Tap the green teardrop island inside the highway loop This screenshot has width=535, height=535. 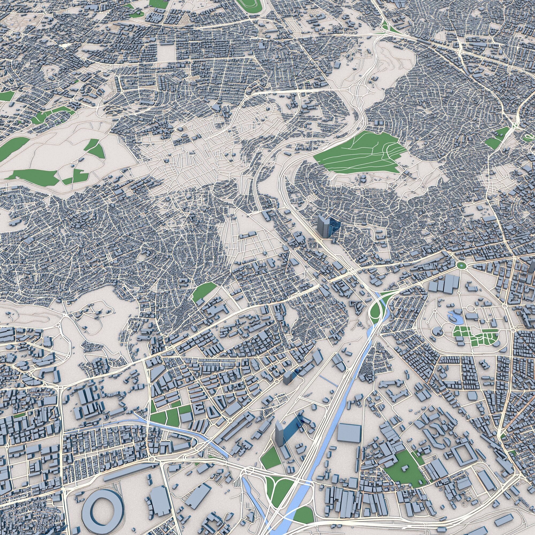[375, 310]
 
